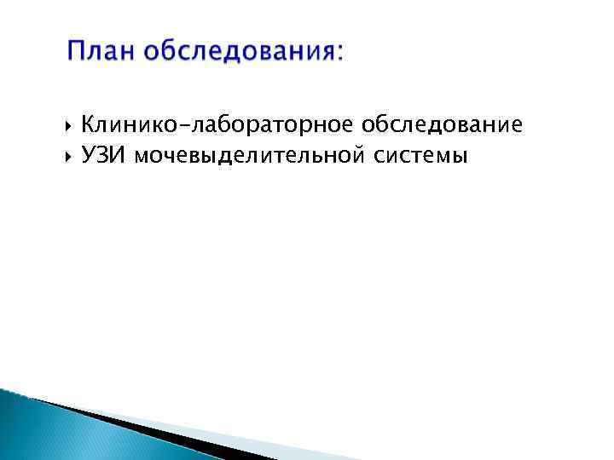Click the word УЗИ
(103, 155)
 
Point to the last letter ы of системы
(460, 157)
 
